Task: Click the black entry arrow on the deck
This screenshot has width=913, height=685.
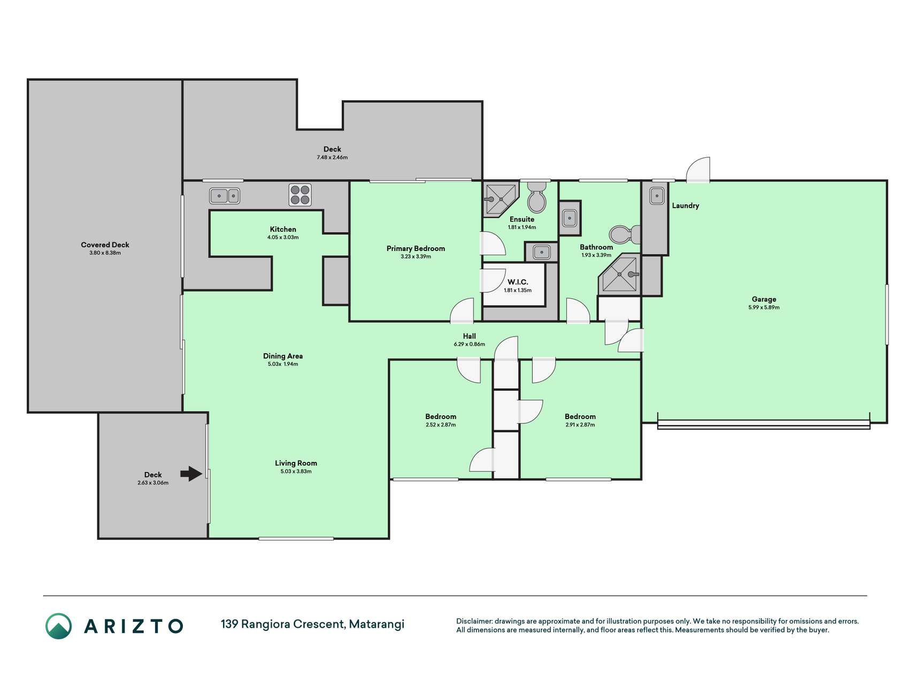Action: pyautogui.click(x=191, y=474)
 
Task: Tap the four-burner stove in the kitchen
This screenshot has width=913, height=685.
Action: pyautogui.click(x=300, y=195)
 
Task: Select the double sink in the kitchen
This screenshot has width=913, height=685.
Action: pyautogui.click(x=225, y=196)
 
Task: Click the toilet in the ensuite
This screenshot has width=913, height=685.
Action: pyautogui.click(x=536, y=197)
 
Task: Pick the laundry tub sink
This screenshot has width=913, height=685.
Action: pyautogui.click(x=657, y=196)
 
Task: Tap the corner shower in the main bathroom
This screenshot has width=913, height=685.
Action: pyautogui.click(x=619, y=275)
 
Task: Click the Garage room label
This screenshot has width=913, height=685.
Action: pyautogui.click(x=764, y=299)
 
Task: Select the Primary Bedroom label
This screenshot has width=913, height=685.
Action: pyautogui.click(x=416, y=248)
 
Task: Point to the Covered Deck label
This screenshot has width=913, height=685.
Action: pyautogui.click(x=105, y=245)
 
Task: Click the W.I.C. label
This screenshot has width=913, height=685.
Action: pyautogui.click(x=518, y=282)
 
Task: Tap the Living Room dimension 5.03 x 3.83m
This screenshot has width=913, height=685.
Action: pyautogui.click(x=296, y=471)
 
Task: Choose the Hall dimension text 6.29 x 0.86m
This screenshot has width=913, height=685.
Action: pyautogui.click(x=470, y=344)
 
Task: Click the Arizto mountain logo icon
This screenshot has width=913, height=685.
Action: pyautogui.click(x=58, y=626)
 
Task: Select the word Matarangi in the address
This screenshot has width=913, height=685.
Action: pyautogui.click(x=377, y=624)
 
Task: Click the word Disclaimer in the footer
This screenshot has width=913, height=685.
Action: pyautogui.click(x=474, y=621)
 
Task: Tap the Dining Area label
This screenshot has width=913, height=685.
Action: pyautogui.click(x=283, y=356)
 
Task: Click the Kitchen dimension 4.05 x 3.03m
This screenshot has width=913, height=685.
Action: pyautogui.click(x=283, y=237)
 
